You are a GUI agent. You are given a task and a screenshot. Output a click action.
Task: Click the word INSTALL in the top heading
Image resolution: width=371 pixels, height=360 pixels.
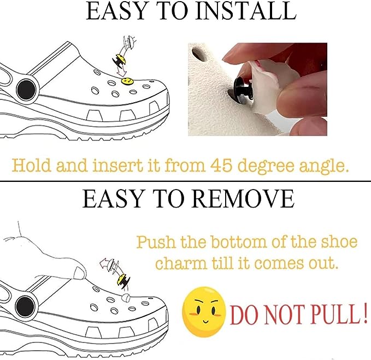246,11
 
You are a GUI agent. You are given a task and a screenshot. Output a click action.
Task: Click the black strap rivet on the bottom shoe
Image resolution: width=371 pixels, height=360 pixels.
25,306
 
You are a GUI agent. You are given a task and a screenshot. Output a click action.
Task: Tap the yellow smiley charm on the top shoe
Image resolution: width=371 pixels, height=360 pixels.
127,81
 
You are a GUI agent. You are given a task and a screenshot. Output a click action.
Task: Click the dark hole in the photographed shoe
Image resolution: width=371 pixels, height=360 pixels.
199,53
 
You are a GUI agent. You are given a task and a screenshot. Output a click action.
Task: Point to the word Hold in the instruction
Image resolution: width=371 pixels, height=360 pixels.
31,166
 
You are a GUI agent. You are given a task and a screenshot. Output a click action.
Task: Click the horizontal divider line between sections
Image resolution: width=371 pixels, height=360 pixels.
186,182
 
